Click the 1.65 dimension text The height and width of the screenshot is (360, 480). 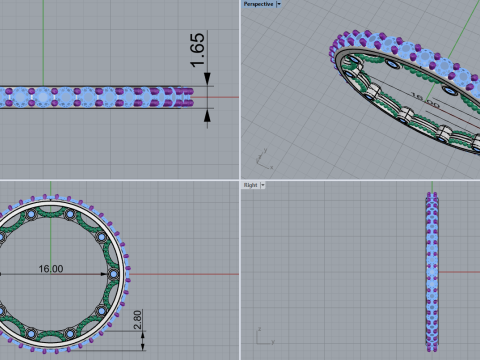198,51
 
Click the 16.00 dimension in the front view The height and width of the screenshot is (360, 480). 50,269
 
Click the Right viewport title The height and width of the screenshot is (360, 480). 251,185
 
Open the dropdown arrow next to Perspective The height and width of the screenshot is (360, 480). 278,4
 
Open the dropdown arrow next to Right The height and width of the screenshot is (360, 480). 263,185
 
